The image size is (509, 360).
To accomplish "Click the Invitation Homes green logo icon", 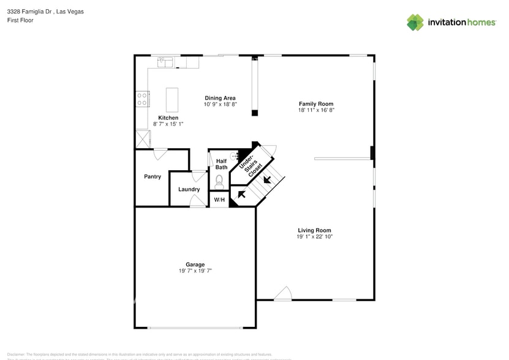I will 415,23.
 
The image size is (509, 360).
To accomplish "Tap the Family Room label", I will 316,103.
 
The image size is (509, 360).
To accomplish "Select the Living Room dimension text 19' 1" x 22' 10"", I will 314,237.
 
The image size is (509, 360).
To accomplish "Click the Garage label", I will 195,264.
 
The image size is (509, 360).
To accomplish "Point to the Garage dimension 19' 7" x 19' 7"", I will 195,271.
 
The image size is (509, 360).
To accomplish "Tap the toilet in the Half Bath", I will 219,181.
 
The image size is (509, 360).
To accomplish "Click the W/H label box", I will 219,200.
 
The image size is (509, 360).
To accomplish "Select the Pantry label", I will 153,177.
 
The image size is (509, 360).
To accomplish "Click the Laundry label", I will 189,189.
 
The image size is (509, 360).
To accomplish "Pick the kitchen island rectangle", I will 173,99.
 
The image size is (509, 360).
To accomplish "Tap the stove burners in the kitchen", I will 141,99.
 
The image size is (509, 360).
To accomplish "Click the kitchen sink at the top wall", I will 166,61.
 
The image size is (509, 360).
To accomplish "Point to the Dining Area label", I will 220,98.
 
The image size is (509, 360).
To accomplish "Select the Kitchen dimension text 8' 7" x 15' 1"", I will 168,124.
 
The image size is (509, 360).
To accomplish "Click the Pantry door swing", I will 160,154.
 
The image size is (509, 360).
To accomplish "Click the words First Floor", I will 20,20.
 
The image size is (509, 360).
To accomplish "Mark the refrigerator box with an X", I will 143,139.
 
